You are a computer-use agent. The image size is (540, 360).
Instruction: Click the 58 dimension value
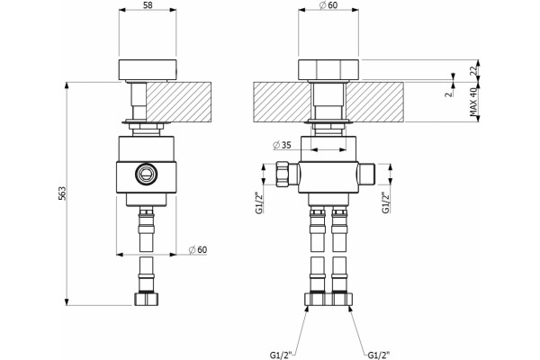[x=148, y=5]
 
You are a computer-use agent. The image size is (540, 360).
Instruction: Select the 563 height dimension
[x=61, y=193]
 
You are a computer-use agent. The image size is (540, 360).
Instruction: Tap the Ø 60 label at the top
[x=328, y=5]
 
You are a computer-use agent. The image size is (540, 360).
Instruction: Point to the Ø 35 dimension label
[x=282, y=146]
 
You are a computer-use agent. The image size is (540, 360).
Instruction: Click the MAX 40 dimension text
[x=474, y=102]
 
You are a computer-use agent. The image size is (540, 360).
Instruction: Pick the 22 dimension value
[x=474, y=70]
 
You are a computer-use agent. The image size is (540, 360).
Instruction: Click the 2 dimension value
[x=448, y=94]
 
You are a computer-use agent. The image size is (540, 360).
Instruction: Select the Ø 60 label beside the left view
[x=198, y=249]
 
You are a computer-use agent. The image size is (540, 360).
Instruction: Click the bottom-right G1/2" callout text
[x=379, y=355]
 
